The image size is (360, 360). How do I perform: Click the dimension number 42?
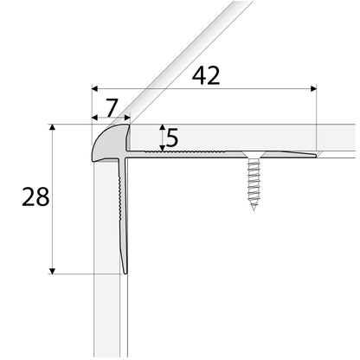point(205,76)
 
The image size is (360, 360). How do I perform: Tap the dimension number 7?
point(110,106)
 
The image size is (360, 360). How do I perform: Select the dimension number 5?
point(172,138)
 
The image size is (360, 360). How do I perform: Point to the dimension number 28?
point(35,198)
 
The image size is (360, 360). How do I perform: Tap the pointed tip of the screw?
point(254,209)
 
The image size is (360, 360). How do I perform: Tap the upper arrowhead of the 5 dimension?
point(161,126)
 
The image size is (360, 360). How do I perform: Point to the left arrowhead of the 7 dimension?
point(93,119)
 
